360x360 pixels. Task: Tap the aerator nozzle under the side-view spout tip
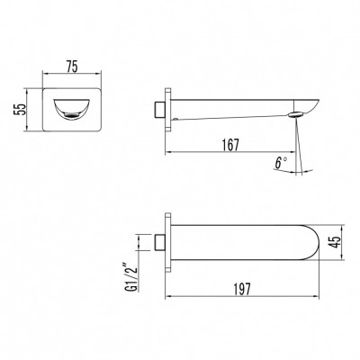[296, 115]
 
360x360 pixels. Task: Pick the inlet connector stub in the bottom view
[161, 241]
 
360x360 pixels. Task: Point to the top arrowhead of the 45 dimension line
[346, 223]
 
